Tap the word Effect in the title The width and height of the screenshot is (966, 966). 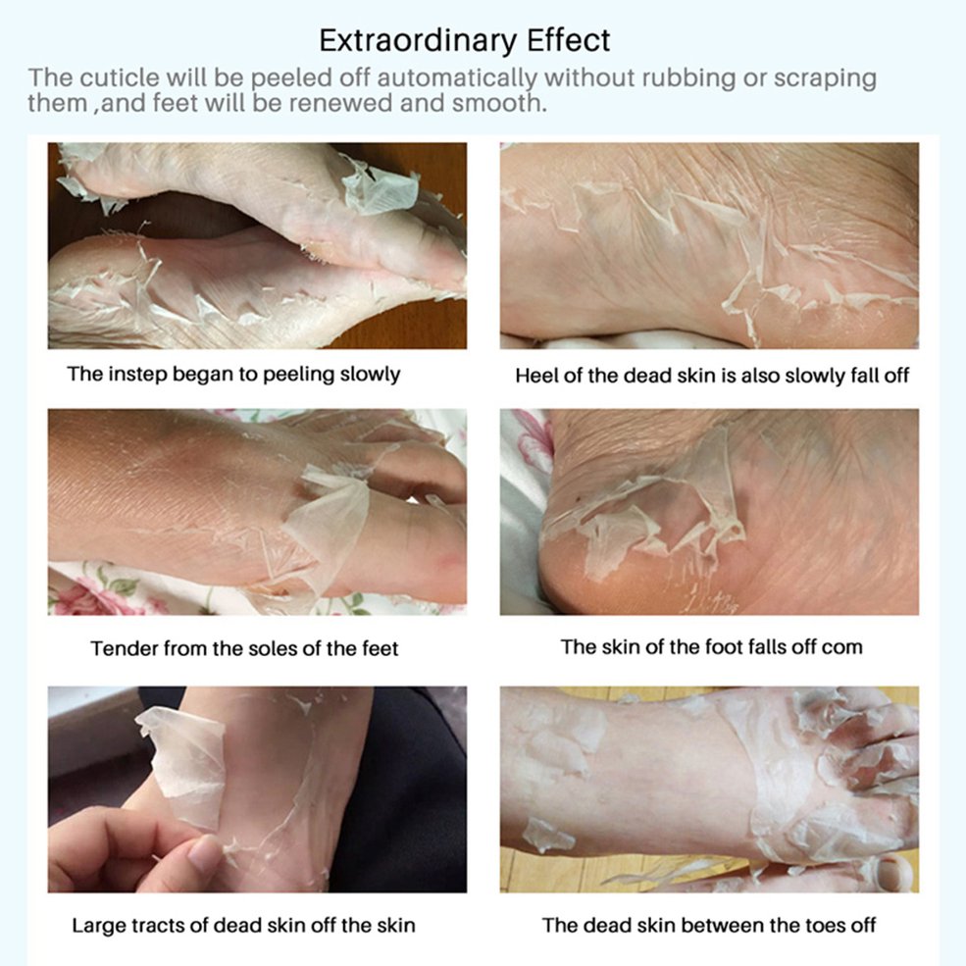(x=568, y=40)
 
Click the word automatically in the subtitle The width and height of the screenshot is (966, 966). (x=456, y=78)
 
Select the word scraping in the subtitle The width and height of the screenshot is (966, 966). (x=825, y=79)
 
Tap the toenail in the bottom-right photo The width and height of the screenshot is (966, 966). (x=892, y=873)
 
